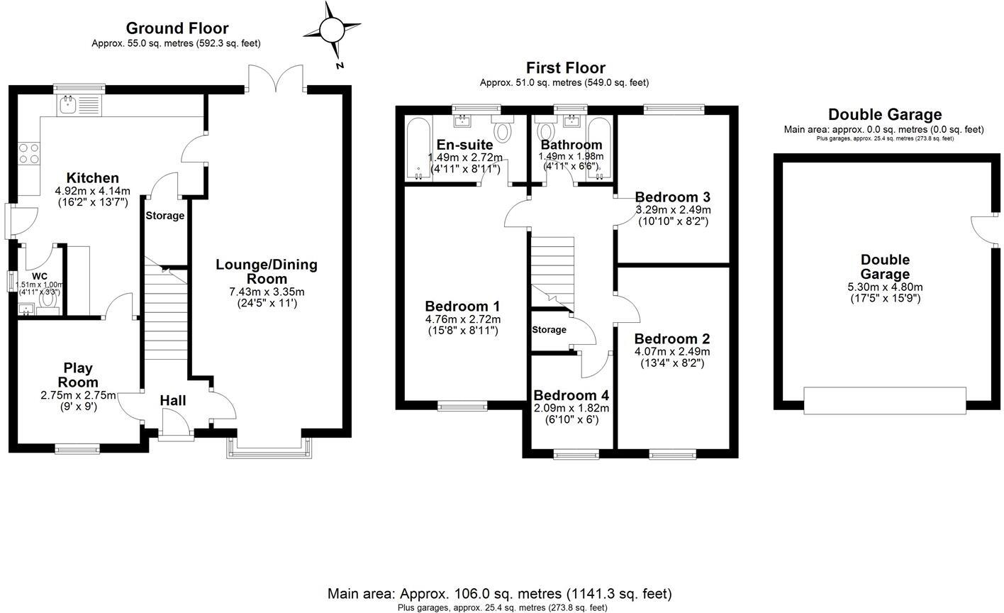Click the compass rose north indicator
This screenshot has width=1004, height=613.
pos(331,30)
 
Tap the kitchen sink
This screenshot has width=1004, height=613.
pos(69,106)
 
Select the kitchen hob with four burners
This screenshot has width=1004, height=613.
pos(28,154)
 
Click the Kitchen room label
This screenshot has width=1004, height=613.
pos(92,177)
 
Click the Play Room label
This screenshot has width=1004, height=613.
pos(78,375)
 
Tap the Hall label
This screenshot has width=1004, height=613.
pos(172,401)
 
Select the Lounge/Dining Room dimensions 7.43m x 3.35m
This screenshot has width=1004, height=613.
pos(267,292)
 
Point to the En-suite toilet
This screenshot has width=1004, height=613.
pos(503,131)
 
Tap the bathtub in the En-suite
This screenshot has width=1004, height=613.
pos(418,150)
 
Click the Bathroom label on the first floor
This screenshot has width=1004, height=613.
pos(571,145)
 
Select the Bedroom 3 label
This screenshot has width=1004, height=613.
pos(672,197)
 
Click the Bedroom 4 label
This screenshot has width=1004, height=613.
pos(571,395)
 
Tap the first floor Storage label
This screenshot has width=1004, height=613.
pos(549,329)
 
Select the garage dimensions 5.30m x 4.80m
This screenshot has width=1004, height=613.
pos(885,287)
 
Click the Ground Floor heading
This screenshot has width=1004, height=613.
pos(177,28)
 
